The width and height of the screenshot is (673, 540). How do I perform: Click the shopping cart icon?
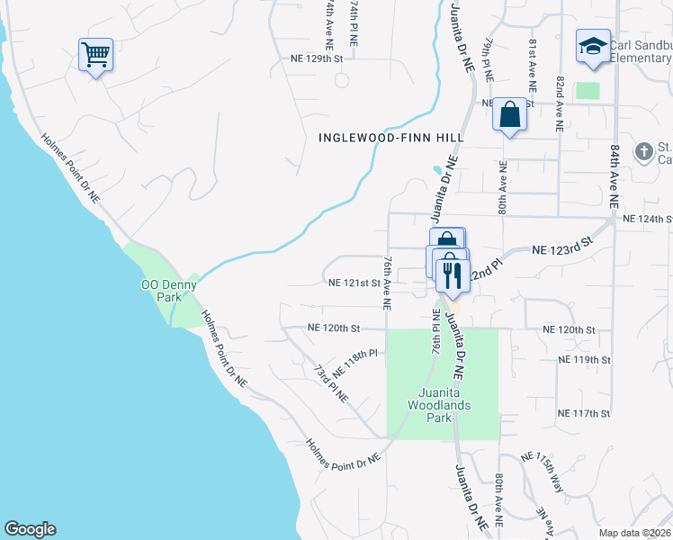(x=95, y=55)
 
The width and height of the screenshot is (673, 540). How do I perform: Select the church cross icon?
(x=644, y=151)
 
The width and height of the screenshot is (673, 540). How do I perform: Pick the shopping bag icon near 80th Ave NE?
(x=509, y=114)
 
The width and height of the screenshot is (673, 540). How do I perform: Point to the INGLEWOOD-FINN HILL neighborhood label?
(x=391, y=137)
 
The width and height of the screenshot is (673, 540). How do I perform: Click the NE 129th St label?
(x=317, y=58)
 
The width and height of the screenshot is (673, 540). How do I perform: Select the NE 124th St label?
(x=647, y=219)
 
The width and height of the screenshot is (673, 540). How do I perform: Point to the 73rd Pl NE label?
(x=330, y=382)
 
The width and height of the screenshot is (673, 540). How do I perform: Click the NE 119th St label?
(x=585, y=360)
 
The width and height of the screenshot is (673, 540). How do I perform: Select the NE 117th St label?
(x=585, y=414)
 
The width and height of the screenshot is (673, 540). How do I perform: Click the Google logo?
(x=30, y=529)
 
